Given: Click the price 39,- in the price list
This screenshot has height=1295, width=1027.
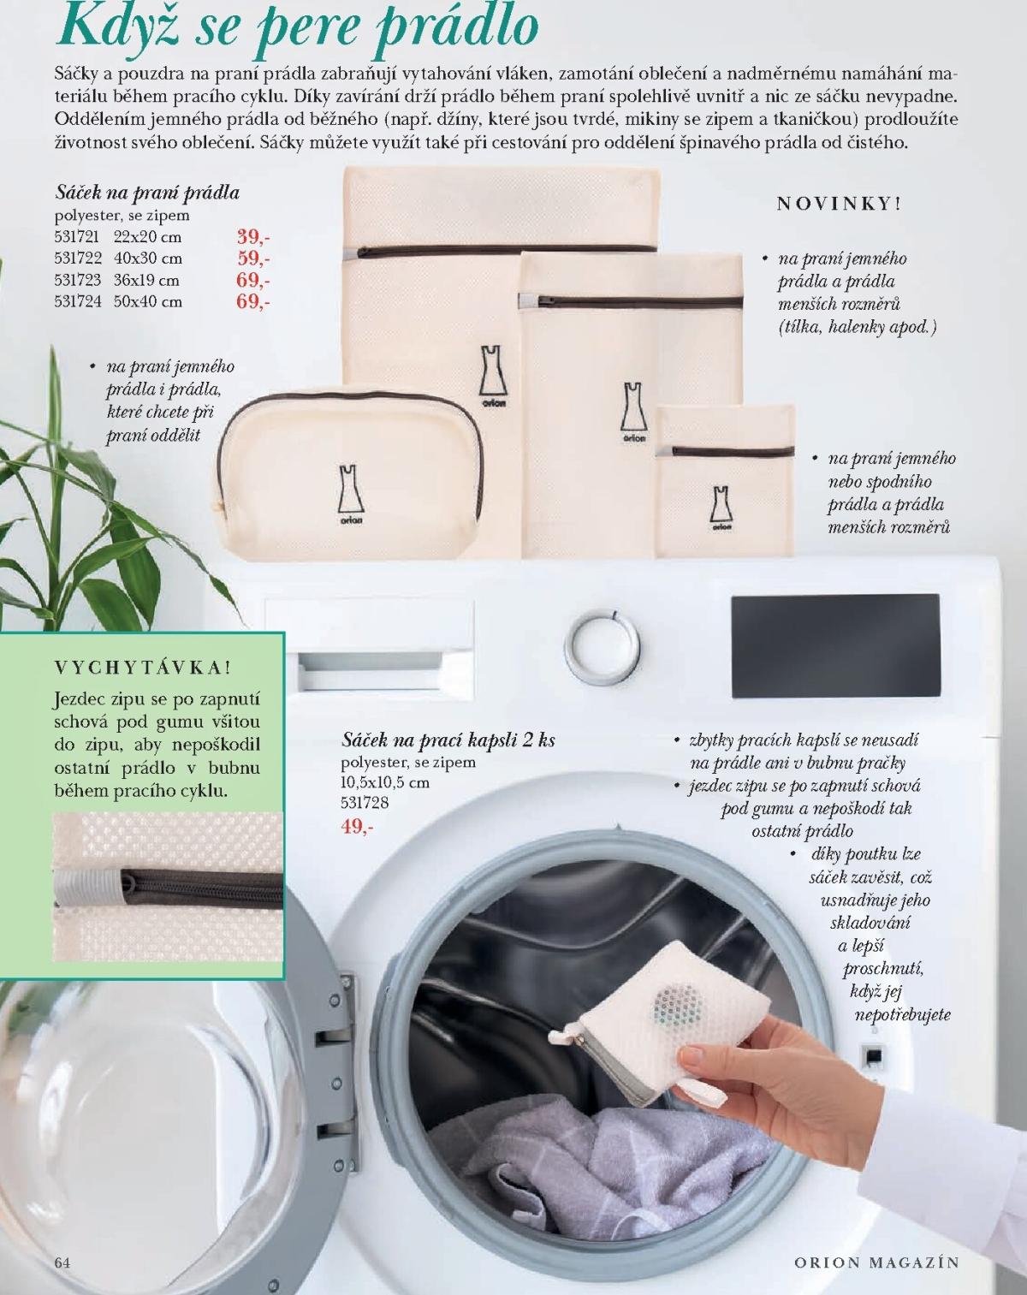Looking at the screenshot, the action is [252, 236].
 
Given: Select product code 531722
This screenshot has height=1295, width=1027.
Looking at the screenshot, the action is [78, 258].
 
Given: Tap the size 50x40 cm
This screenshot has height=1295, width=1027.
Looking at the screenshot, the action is [148, 301].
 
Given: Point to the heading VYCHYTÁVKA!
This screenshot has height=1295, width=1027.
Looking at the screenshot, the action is [143, 668].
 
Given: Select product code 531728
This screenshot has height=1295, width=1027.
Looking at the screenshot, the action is [365, 802].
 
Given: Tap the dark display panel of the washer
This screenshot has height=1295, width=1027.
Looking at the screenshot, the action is [835, 645].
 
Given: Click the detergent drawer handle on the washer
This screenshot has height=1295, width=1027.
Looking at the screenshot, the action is [370, 670].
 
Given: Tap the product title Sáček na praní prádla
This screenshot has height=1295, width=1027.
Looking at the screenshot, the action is [147, 193].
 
